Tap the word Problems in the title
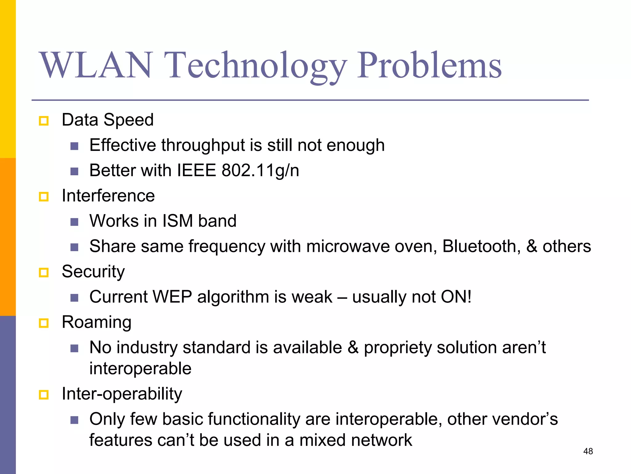tap(429, 65)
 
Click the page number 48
tap(588, 451)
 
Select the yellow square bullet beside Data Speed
tap(44, 121)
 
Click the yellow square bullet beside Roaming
tap(44, 323)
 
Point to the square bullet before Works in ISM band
tap(74, 222)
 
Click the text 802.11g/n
tap(260, 170)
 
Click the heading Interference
tap(108, 196)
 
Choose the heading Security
tap(93, 272)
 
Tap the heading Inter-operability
tap(122, 394)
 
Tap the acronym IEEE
tap(197, 170)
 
